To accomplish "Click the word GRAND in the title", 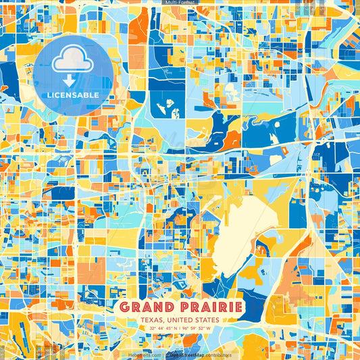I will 144,307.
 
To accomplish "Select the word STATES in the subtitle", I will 205,320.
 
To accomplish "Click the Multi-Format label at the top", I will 180,3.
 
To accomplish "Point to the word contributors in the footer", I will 217,354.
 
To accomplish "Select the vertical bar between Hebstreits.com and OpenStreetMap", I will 164,354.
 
